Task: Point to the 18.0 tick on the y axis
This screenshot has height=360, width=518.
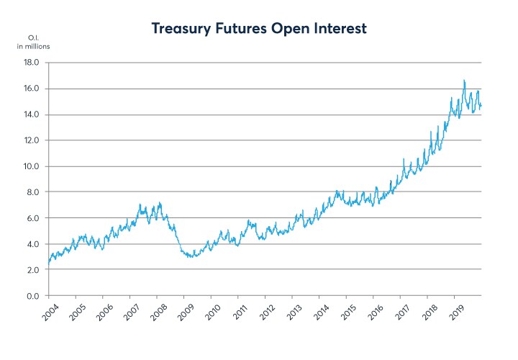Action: click(32, 63)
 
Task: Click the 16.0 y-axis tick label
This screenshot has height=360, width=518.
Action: click(32, 89)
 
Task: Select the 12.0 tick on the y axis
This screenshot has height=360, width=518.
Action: click(32, 140)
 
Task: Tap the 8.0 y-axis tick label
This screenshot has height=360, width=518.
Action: click(33, 192)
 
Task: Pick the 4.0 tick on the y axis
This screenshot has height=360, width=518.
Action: click(33, 244)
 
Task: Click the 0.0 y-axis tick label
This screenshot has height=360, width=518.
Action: click(33, 296)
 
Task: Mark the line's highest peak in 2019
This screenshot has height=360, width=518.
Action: click(464, 80)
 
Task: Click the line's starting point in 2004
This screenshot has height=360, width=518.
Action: click(48, 264)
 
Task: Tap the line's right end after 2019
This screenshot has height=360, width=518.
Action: click(481, 106)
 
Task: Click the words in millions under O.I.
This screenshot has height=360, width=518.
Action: click(34, 47)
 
